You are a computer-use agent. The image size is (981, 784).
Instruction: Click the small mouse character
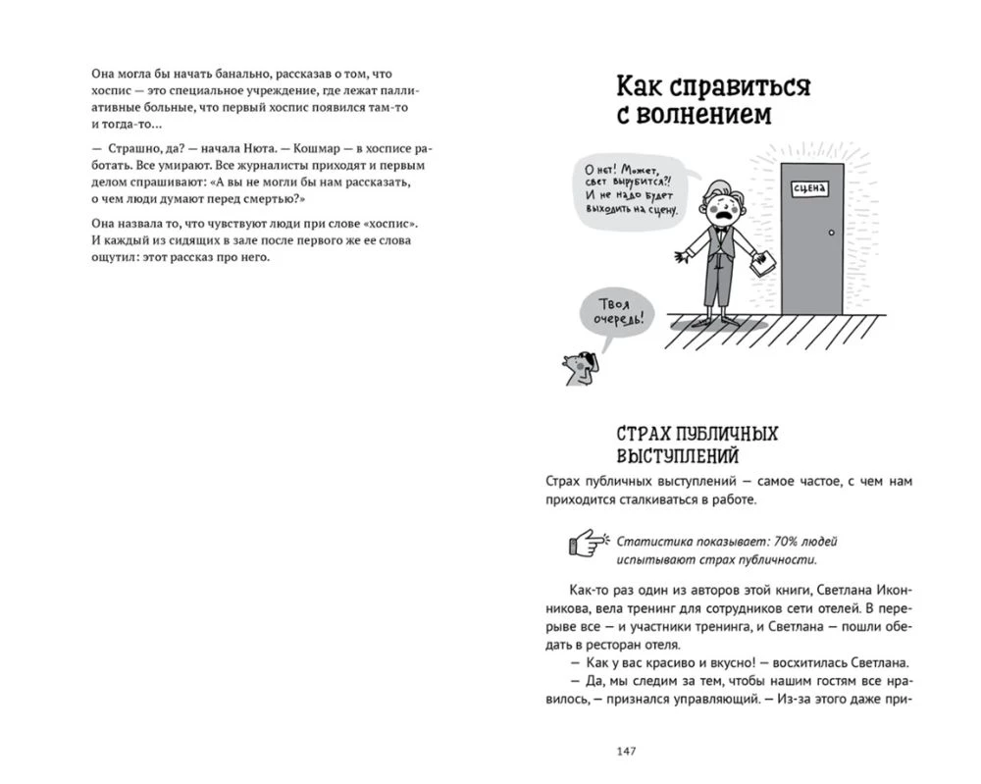point(577,367)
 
